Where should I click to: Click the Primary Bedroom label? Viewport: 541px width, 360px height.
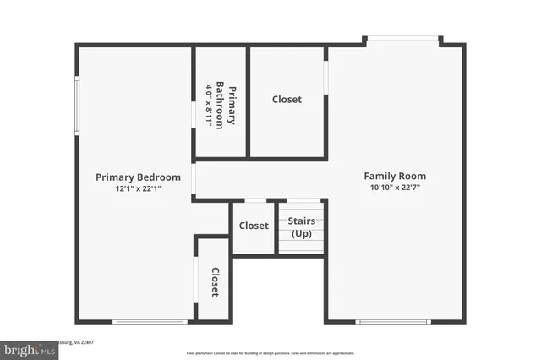[x=138, y=177]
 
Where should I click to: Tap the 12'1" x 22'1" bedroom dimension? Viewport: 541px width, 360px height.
[x=138, y=189]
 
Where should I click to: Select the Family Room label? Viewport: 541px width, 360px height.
[x=395, y=177]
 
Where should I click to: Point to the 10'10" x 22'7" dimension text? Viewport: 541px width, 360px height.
[x=395, y=188]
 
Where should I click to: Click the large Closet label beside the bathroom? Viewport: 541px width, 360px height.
[x=287, y=100]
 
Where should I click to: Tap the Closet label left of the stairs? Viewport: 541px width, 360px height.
[x=254, y=226]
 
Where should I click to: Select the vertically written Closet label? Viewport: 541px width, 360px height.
[x=215, y=282]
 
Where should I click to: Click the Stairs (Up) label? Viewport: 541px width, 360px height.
[x=302, y=226]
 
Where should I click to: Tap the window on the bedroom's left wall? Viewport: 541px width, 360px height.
[x=77, y=106]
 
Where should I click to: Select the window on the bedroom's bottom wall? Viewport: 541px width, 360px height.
[x=150, y=321]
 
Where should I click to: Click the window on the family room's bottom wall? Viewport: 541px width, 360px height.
[x=393, y=321]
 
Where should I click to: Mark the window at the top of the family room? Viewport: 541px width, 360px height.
[x=402, y=38]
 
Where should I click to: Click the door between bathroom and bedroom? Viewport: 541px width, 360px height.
[x=194, y=114]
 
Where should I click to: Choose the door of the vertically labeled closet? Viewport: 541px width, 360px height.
[x=195, y=278]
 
